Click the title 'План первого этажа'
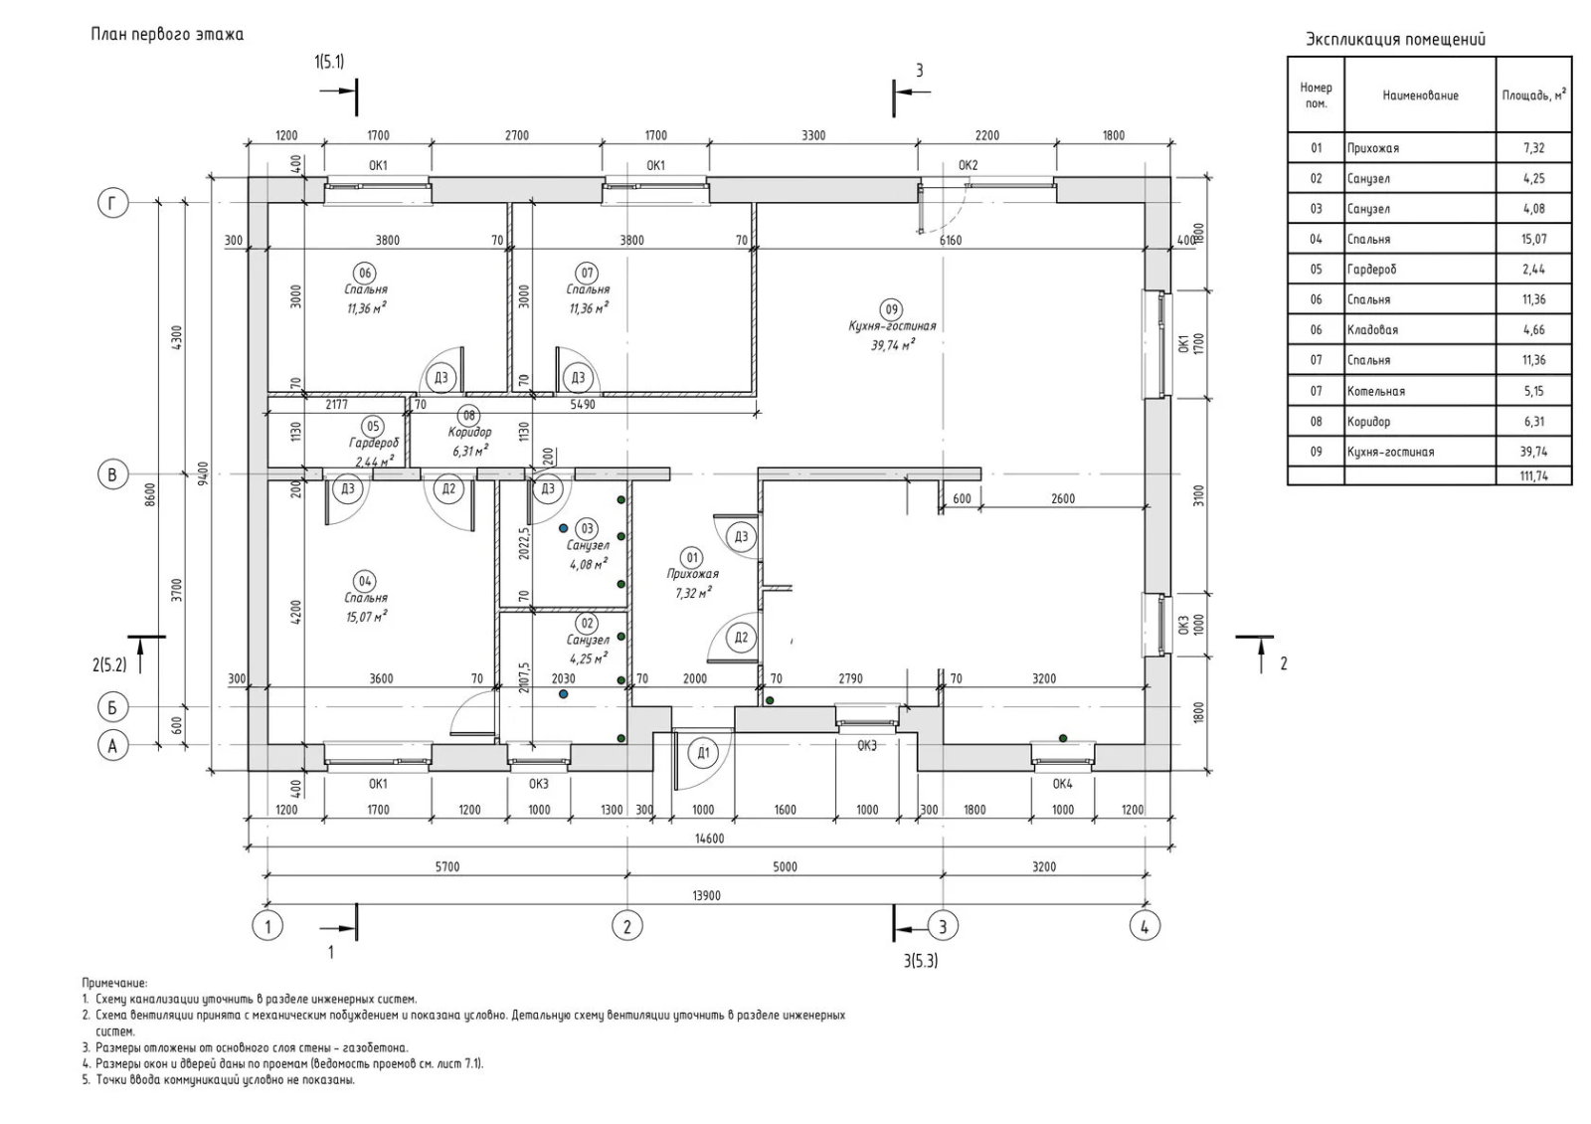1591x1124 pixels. (167, 35)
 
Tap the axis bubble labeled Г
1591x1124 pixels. (112, 204)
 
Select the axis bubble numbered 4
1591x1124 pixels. (1145, 926)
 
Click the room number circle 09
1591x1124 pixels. (892, 309)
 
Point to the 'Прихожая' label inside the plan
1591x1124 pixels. (692, 574)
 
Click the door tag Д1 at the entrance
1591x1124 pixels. (703, 753)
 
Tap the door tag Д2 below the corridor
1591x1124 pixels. (448, 488)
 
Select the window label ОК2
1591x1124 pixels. (968, 165)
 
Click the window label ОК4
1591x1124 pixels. (1062, 784)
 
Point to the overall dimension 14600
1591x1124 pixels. (708, 839)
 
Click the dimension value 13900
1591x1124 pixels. (705, 895)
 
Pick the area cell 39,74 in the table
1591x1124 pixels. (1534, 452)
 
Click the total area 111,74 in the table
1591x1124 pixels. (1534, 476)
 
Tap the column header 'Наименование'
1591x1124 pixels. (1420, 95)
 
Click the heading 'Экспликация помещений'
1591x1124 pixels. (1395, 40)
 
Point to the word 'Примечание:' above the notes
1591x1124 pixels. (114, 983)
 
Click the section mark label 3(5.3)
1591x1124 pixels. (920, 961)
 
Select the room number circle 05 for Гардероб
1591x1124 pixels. (374, 427)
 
